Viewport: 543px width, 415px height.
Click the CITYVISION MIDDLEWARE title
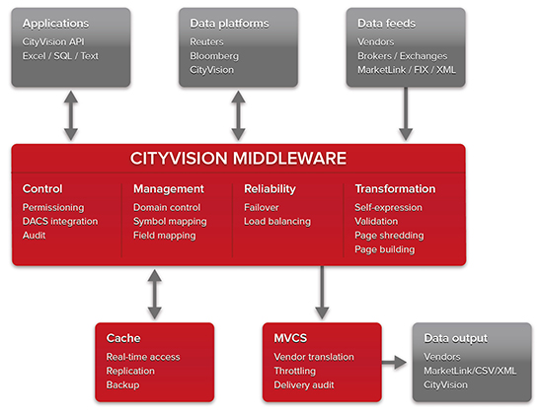(238, 159)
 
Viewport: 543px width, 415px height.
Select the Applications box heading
(55, 24)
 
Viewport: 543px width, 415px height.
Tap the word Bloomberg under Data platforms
(214, 56)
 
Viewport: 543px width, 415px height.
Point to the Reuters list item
(206, 41)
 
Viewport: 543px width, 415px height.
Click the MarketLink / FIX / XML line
(407, 70)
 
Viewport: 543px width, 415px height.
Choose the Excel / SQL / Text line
(60, 56)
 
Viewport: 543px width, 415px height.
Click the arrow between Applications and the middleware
(71, 115)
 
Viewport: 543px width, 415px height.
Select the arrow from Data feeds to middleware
(406, 113)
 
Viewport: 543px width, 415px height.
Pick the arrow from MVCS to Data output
(394, 363)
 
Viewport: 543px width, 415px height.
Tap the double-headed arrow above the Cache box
(154, 295)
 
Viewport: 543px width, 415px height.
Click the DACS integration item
(60, 222)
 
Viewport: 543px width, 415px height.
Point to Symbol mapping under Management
(170, 222)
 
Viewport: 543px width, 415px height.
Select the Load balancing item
(277, 222)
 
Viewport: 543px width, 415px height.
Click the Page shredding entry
(389, 236)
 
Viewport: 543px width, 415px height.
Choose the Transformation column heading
(395, 189)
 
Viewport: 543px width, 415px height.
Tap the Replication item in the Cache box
(130, 371)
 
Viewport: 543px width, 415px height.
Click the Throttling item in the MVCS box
(295, 371)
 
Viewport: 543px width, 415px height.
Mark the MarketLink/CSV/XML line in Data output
(470, 371)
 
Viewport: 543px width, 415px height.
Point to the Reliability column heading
(270, 189)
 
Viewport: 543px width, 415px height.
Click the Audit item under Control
(34, 236)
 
